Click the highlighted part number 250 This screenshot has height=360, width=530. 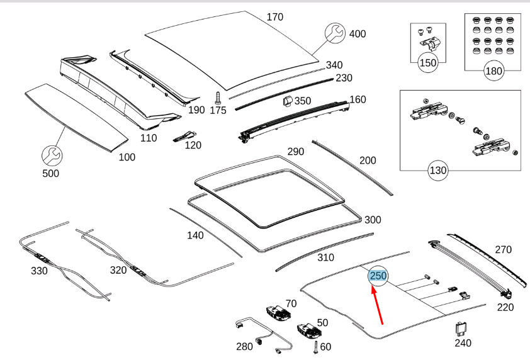378,276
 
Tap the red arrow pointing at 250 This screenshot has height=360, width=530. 378,305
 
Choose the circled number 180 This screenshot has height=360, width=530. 493,70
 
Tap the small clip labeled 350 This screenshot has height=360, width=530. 285,101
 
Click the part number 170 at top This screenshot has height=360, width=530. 275,17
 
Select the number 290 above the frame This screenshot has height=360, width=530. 295,152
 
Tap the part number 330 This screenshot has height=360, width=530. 39,271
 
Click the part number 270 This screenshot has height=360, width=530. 503,250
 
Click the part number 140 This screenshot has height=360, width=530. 195,236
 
